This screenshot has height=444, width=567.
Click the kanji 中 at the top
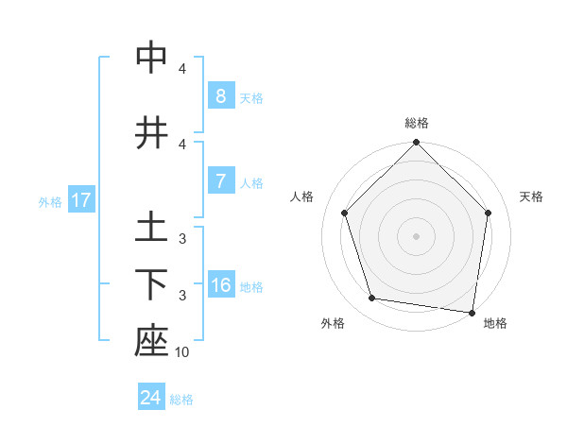(x=151, y=59)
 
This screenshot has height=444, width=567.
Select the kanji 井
(x=151, y=133)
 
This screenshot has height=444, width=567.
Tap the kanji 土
(x=151, y=228)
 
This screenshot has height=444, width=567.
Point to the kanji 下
(x=151, y=284)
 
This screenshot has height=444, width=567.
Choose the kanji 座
(x=151, y=342)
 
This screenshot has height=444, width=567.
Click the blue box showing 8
(x=220, y=96)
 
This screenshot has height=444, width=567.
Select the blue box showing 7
(x=220, y=181)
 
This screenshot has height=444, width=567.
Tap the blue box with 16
(x=220, y=285)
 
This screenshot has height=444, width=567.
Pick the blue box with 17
(x=80, y=200)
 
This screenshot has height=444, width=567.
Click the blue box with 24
(x=151, y=398)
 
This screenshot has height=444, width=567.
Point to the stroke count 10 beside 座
(x=182, y=352)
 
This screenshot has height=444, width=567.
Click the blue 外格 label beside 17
(x=50, y=201)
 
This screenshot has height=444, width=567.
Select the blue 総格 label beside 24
(x=181, y=399)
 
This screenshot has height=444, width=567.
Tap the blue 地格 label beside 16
(x=252, y=286)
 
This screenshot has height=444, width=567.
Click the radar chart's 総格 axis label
(x=417, y=123)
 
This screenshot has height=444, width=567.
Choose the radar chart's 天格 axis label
(x=532, y=196)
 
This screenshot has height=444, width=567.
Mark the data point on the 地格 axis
(x=472, y=312)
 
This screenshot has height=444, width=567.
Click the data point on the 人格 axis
(x=344, y=213)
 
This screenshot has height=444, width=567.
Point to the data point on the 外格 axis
(x=372, y=299)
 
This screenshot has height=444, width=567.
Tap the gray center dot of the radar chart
(x=417, y=236)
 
